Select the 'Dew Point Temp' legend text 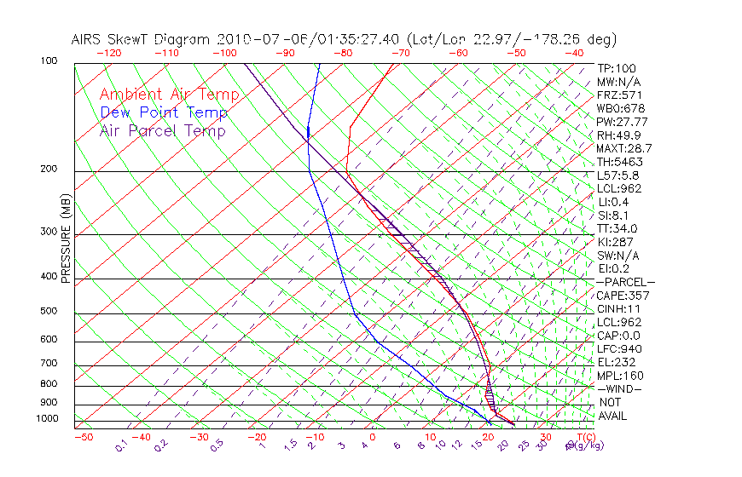164,112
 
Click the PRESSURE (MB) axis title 66,242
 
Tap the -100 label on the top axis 223,53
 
